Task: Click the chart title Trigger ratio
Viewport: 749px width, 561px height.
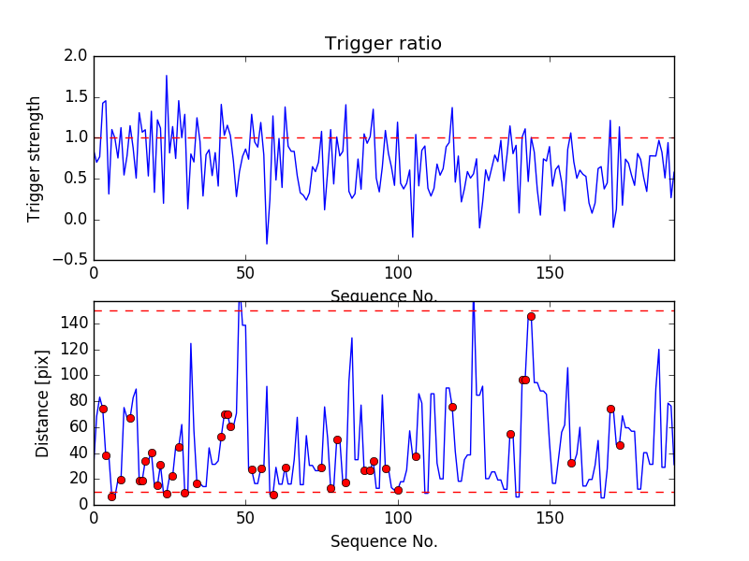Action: pyautogui.click(x=383, y=44)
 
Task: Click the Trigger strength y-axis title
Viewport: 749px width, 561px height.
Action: pyautogui.click(x=35, y=158)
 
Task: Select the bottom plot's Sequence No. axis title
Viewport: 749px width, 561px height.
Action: pyautogui.click(x=383, y=541)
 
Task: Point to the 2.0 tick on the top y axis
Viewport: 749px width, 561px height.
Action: pyautogui.click(x=78, y=56)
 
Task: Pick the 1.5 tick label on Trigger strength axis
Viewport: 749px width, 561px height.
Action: pyautogui.click(x=78, y=97)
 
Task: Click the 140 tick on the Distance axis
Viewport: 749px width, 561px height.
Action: pyautogui.click(x=74, y=324)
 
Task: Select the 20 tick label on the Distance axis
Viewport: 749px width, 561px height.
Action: pyautogui.click(x=78, y=479)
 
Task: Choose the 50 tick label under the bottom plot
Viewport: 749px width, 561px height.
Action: pyautogui.click(x=245, y=518)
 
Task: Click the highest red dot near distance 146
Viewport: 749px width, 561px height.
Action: pyautogui.click(x=531, y=316)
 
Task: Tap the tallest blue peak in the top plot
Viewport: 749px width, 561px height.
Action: pyautogui.click(x=167, y=76)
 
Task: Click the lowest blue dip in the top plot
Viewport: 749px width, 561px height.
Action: pyautogui.click(x=267, y=244)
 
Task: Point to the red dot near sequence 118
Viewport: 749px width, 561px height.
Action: pyautogui.click(x=452, y=407)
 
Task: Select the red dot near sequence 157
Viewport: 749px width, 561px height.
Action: pyautogui.click(x=571, y=463)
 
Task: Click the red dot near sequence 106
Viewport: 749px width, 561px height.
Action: pyautogui.click(x=416, y=456)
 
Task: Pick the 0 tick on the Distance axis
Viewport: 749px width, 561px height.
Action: pyautogui.click(x=81, y=504)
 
